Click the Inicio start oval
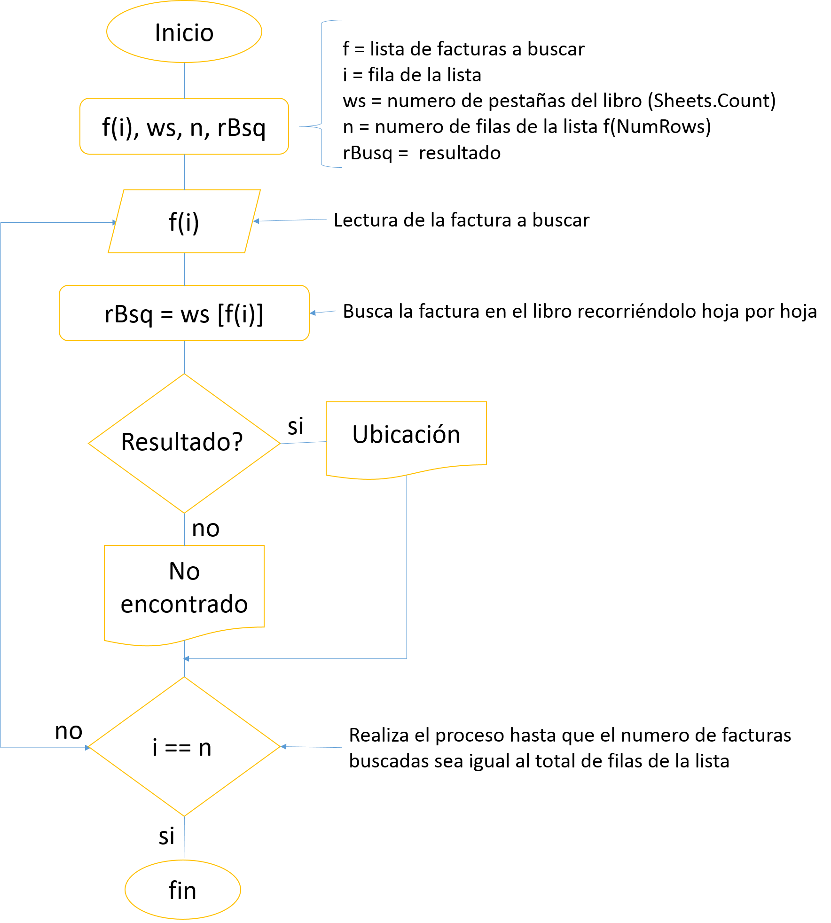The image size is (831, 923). pyautogui.click(x=184, y=32)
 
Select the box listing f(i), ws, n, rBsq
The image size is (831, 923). pyautogui.click(x=184, y=126)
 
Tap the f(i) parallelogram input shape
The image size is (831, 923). pyautogui.click(x=184, y=221)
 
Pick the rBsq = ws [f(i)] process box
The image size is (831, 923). pyautogui.click(x=184, y=313)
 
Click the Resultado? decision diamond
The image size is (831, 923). pyautogui.click(x=184, y=443)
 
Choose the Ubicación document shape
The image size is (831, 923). pyautogui.click(x=406, y=437)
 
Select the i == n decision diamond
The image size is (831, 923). pyautogui.click(x=184, y=747)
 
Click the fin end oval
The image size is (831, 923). pyautogui.click(x=183, y=890)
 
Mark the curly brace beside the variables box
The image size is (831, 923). pyautogui.click(x=322, y=94)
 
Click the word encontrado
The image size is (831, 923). pyautogui.click(x=184, y=604)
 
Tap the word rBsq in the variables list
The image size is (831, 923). pyautogui.click(x=241, y=128)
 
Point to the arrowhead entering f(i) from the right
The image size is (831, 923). pyautogui.click(x=257, y=221)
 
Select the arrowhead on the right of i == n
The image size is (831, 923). pyautogui.click(x=284, y=746)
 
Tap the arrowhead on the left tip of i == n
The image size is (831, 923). pyautogui.click(x=87, y=747)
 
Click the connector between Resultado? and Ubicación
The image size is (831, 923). pyautogui.click(x=303, y=442)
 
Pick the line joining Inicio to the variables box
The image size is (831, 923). pyautogui.click(x=184, y=80)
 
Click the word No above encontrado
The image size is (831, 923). pyautogui.click(x=184, y=571)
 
